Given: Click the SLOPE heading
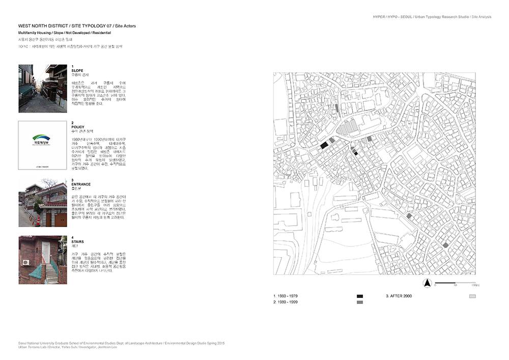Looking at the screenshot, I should pos(77,70).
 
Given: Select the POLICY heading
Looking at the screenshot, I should pos(78,127).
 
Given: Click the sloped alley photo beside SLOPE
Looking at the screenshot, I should pos(40,89).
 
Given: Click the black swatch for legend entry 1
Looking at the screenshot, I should pos(360,296).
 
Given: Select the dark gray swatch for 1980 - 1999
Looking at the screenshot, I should pos(360,302).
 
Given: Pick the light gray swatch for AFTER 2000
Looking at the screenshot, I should pos(472,296).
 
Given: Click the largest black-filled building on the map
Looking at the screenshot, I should pos(324,145).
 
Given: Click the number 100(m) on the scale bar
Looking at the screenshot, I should pos(471,286).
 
